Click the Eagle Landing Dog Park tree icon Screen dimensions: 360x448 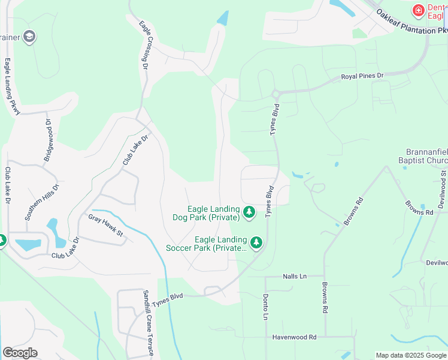249,212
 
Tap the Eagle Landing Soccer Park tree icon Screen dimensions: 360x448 256,243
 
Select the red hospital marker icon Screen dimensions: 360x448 418,10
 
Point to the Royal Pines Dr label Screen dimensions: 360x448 362,76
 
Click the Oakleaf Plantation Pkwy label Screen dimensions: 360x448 413,22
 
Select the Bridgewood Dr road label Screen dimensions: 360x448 49,140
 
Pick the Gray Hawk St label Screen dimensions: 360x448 105,224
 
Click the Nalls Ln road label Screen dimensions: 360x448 294,277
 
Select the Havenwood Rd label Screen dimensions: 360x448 294,337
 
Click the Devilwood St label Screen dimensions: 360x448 443,189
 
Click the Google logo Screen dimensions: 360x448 20,353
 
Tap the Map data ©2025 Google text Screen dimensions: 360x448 410,355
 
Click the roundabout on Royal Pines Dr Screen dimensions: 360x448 276,94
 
